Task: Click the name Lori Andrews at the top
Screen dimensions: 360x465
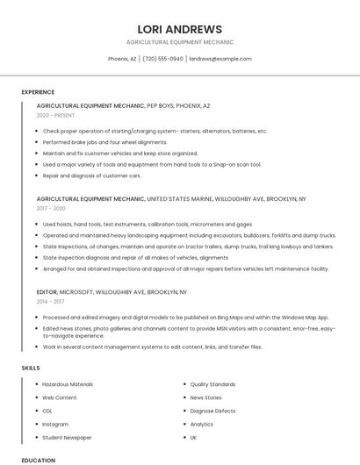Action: pyautogui.click(x=180, y=29)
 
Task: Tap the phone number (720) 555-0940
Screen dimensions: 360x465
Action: pyautogui.click(x=162, y=59)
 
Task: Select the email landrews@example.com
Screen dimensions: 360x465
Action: pyautogui.click(x=220, y=59)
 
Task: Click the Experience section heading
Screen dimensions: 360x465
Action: pyautogui.click(x=38, y=92)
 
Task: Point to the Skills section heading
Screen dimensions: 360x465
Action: pyautogui.click(x=31, y=368)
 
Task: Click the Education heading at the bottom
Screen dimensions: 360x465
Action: pyautogui.click(x=38, y=460)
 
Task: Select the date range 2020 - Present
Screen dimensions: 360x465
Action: pyautogui.click(x=55, y=115)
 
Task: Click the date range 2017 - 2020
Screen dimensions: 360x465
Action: pyautogui.click(x=51, y=209)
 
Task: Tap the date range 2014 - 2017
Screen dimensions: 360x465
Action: pyautogui.click(x=51, y=301)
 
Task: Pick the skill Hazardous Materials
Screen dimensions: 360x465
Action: pyautogui.click(x=68, y=384)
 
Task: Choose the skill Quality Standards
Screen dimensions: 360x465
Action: pyautogui.click(x=212, y=384)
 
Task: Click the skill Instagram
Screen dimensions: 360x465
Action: pyautogui.click(x=55, y=424)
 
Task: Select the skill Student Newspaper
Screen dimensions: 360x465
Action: pyautogui.click(x=67, y=437)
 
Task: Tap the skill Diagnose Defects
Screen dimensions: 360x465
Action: pyautogui.click(x=212, y=411)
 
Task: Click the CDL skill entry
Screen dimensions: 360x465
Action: pyautogui.click(x=47, y=411)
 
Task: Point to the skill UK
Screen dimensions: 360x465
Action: pyautogui.click(x=193, y=437)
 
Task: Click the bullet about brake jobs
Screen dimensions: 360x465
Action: pyautogui.click(x=104, y=142)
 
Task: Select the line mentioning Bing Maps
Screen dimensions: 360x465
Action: pyautogui.click(x=185, y=317)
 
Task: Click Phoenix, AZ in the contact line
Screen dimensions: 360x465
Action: pyautogui.click(x=122, y=59)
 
